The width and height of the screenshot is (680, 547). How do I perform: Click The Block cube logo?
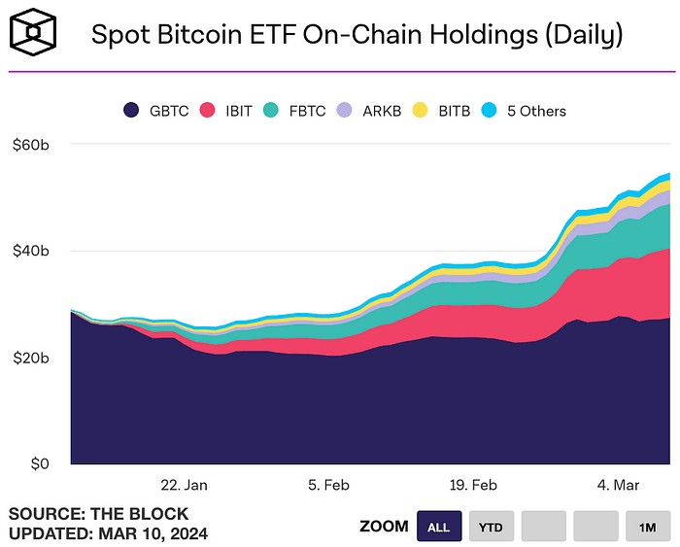click(x=32, y=34)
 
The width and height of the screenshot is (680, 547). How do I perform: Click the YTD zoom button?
click(x=491, y=527)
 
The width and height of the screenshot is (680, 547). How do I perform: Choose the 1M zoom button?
click(x=648, y=527)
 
